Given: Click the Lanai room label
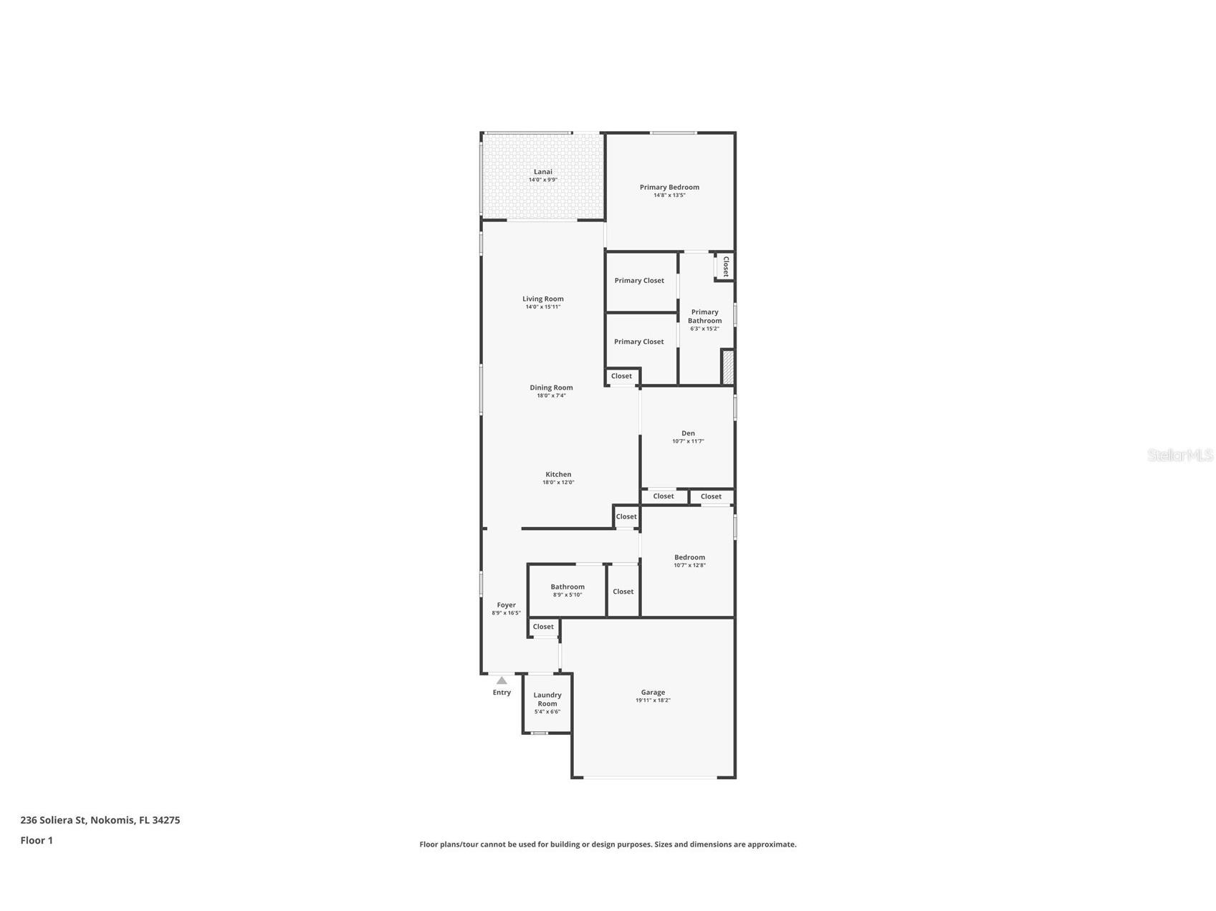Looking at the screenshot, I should pos(543,172).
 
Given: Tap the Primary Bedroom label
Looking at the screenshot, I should pos(669,187).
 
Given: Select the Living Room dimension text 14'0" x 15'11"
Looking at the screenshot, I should pos(543,307).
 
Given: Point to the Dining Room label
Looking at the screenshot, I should pos(551,387).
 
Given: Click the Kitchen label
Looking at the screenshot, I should pos(558,474).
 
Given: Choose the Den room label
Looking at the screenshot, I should pos(688,433).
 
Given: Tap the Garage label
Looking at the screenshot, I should pos(653,693).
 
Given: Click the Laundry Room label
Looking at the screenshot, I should pos(547,699).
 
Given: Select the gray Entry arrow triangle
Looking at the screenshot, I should pos(502,681).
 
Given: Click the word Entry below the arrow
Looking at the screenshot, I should pos(502,693).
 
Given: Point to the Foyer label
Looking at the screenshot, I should pos(506,605).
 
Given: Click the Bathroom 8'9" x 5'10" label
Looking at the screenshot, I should pos(568,587).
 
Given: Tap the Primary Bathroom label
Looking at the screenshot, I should pos(704,316).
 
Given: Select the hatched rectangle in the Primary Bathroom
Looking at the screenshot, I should pos(727,367).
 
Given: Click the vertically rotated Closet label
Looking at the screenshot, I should pos(726,266).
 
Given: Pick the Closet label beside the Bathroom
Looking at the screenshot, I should pos(623,592).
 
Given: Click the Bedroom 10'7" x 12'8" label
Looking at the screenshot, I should pos(689,557).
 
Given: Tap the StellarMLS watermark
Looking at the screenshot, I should pos(1179,455).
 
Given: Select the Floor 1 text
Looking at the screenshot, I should pos(37,841).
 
